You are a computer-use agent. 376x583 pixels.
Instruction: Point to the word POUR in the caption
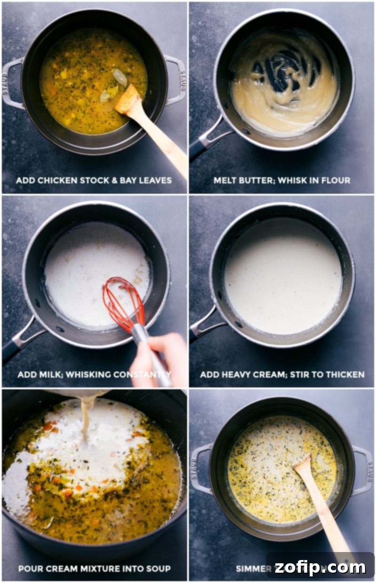[30, 568]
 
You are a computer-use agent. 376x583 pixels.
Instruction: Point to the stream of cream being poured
[86, 417]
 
